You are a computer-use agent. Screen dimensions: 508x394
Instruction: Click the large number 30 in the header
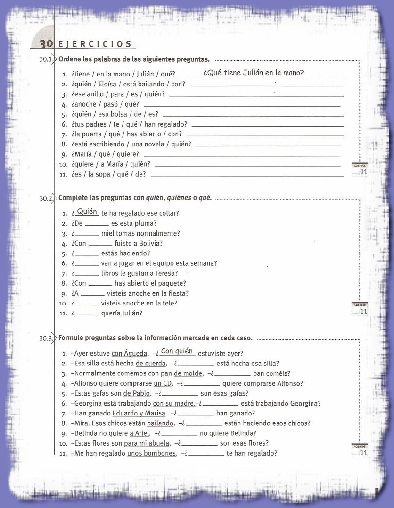point(46,44)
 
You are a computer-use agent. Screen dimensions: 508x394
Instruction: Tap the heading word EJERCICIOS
point(95,44)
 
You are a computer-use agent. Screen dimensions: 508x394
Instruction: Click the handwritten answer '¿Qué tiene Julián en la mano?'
point(253,73)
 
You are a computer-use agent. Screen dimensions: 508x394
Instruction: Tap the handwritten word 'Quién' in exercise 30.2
point(87,212)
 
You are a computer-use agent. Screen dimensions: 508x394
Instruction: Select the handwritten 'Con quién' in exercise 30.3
point(177,351)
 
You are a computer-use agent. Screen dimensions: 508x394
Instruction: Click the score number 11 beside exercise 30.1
point(363,172)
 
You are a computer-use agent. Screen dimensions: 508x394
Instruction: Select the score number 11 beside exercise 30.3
point(363,453)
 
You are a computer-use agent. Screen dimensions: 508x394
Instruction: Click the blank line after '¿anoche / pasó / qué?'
point(242,105)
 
